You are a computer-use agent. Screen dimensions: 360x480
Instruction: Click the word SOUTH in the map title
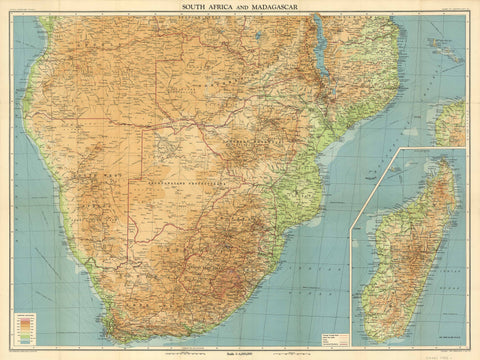pos(197,6)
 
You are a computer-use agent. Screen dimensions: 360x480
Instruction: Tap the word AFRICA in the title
pos(228,6)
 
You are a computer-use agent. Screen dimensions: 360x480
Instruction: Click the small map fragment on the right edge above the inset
pos(453,122)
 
